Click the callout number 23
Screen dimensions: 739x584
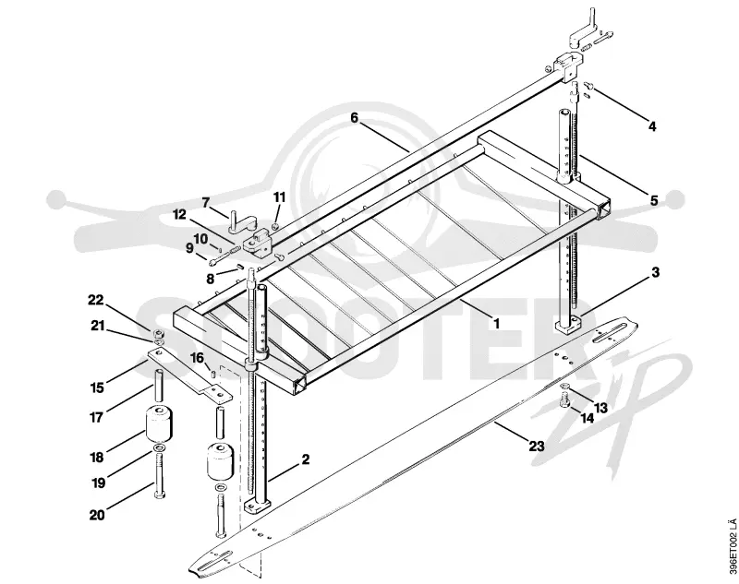[537, 446]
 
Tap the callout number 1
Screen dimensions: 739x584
[496, 323]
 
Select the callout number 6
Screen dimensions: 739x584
[355, 118]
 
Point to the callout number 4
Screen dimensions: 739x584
[652, 126]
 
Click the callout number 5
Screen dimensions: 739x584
[654, 200]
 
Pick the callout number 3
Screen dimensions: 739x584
[655, 272]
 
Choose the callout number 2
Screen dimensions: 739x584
[306, 459]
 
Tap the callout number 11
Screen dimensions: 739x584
[280, 197]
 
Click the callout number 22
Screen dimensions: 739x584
[96, 300]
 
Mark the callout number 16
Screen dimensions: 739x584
[197, 359]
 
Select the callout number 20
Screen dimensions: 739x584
[97, 515]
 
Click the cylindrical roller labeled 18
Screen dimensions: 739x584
[158, 423]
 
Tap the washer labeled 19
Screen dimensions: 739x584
[159, 447]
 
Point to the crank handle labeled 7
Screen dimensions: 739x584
[242, 222]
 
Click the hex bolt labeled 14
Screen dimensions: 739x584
[564, 401]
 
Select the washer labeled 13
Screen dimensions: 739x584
[565, 387]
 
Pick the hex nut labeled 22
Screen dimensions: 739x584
[159, 333]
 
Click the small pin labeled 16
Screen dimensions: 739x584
[213, 375]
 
